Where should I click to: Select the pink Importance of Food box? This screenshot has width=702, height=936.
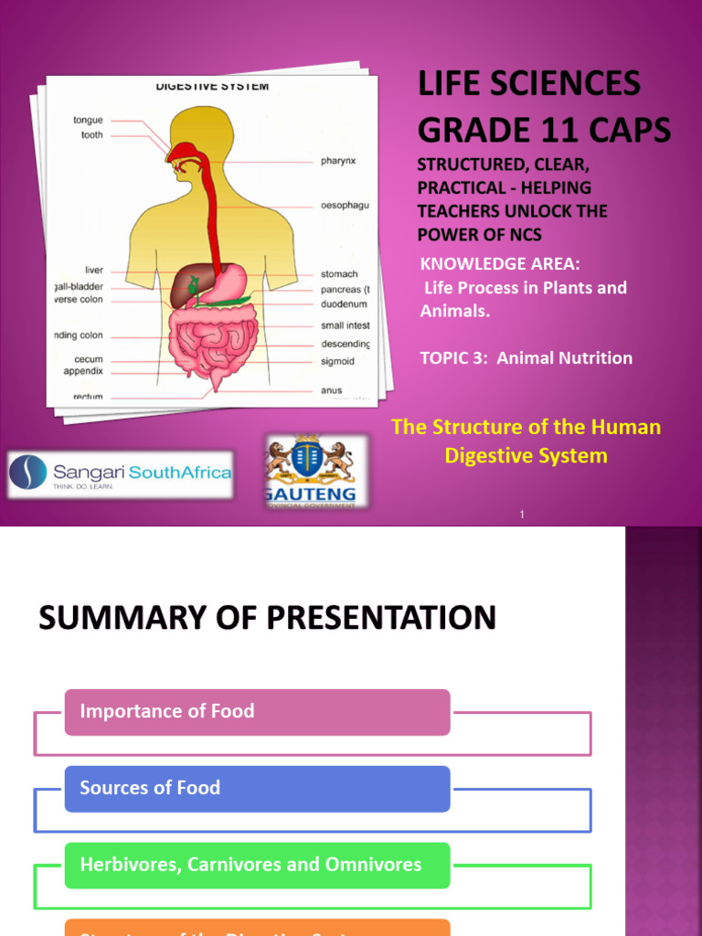257,712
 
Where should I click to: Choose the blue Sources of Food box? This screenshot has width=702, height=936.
257,788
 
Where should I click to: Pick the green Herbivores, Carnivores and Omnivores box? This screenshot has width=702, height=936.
257,865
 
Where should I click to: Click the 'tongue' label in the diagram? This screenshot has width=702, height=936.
88,120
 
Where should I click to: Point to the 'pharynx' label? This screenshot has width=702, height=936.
338,161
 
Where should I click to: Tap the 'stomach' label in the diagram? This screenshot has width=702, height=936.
339,273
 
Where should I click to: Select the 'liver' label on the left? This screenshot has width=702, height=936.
93,270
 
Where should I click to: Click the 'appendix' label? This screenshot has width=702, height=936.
83,371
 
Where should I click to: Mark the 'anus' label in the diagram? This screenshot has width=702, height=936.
331,390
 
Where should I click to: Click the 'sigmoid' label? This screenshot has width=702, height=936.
337,361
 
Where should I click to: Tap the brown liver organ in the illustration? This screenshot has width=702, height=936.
191,286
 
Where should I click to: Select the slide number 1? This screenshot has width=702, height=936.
522,516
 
